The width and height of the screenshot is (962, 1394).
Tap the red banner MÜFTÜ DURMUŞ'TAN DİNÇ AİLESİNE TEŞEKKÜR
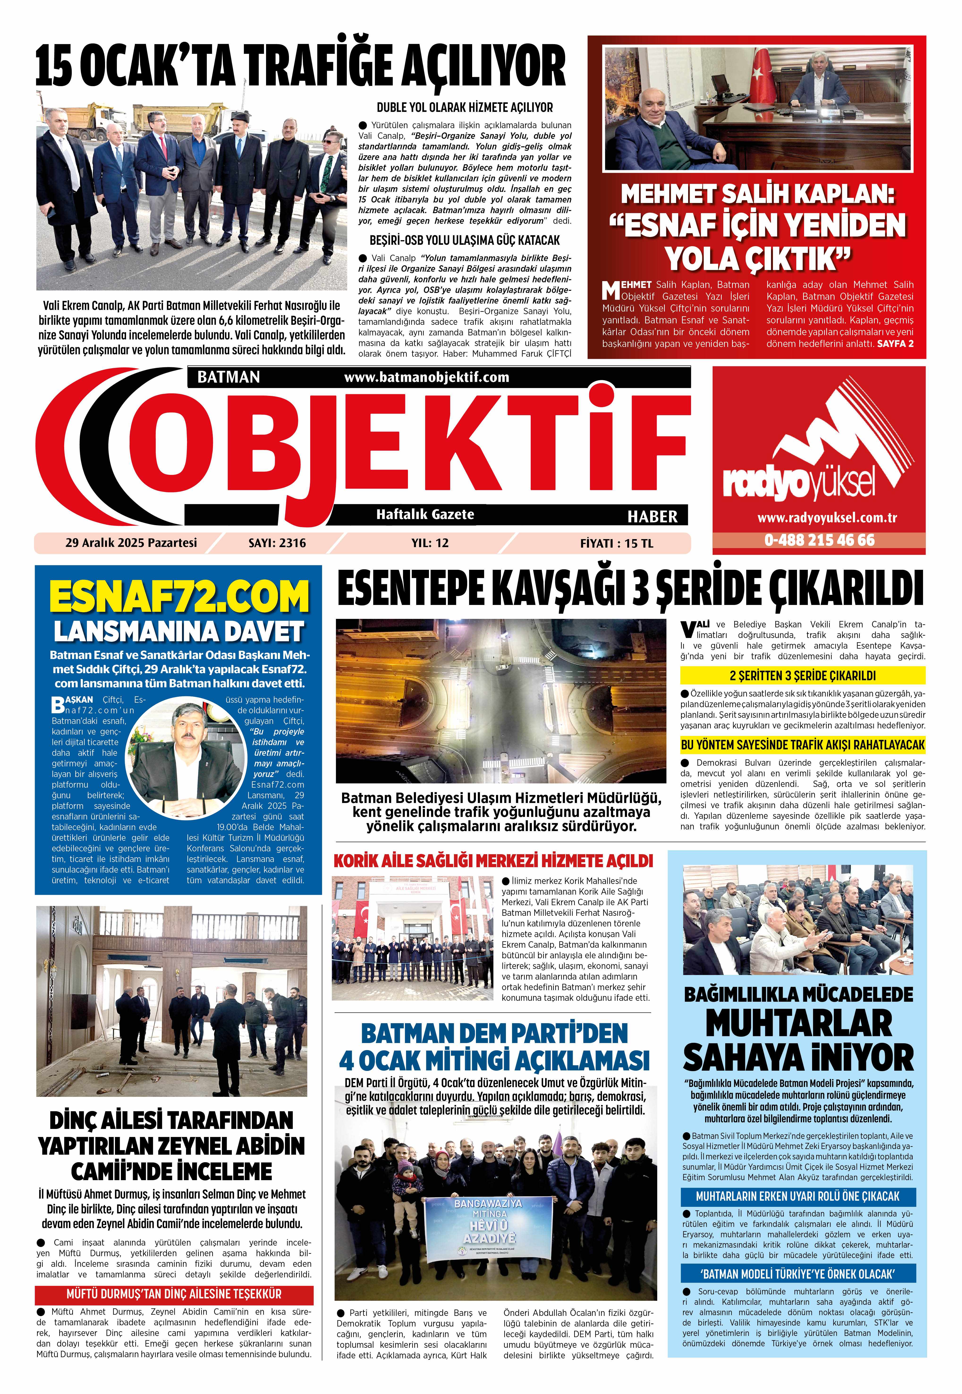coord(174,1293)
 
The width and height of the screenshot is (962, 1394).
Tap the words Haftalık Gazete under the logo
coord(425,514)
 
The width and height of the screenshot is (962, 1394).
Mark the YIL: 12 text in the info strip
coord(430,543)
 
